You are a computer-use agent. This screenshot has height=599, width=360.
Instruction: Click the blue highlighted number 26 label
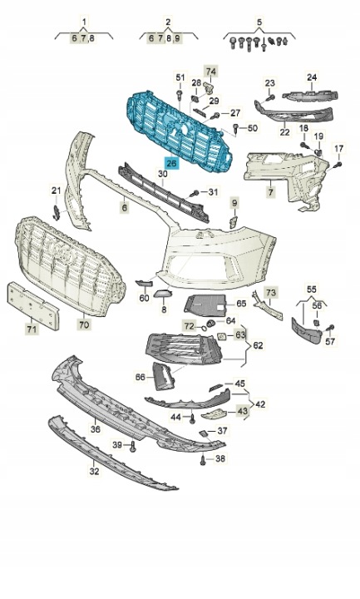click(x=172, y=164)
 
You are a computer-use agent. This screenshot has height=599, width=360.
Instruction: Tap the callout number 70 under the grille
click(x=84, y=324)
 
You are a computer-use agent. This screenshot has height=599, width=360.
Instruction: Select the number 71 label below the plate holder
click(x=32, y=329)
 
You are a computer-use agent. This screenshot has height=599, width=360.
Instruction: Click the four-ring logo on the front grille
click(x=61, y=251)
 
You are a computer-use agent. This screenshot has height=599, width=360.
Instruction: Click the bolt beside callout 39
click(x=132, y=446)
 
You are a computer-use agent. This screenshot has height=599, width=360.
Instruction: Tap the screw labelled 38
click(x=203, y=461)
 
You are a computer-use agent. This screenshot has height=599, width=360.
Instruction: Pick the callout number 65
click(x=241, y=304)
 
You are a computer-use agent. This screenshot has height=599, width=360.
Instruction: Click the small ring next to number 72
click(x=202, y=327)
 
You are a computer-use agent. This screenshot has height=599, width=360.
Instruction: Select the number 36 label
click(x=96, y=429)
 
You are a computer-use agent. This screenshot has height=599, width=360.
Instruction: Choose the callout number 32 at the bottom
click(x=94, y=471)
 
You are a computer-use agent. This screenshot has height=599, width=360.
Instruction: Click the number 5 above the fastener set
click(x=259, y=22)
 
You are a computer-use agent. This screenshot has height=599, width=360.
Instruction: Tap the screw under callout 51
click(x=179, y=94)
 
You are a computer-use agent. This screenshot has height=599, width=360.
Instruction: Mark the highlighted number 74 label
click(x=211, y=72)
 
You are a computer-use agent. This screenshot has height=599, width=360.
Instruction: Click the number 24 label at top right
click(x=312, y=77)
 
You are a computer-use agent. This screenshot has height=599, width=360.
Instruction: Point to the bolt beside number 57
click(x=330, y=328)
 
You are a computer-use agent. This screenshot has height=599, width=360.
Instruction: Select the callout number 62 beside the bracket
click(x=258, y=345)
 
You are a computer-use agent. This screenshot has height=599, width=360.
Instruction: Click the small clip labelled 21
click(x=56, y=212)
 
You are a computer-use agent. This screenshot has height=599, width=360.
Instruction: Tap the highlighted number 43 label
click(x=243, y=411)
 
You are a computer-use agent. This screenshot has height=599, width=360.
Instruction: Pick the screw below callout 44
click(x=192, y=418)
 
